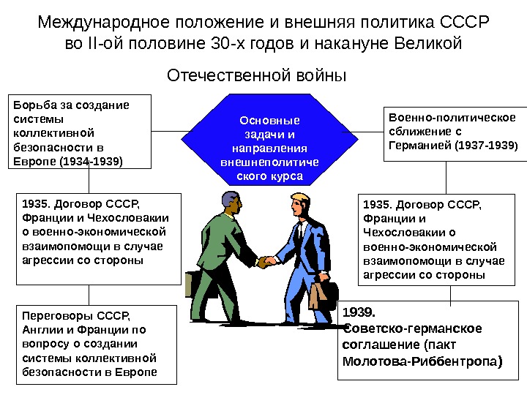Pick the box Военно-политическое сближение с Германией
point(452,132)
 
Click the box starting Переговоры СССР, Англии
point(96,344)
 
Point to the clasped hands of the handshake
point(267,260)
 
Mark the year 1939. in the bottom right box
point(358,312)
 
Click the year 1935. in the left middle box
point(36,203)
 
